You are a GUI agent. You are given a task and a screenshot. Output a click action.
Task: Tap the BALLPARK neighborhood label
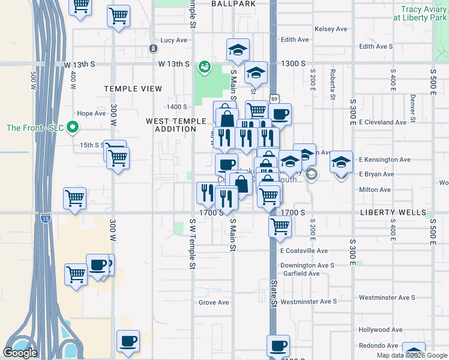pos(234,4)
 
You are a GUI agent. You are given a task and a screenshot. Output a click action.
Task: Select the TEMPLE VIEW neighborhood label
pos(133,89)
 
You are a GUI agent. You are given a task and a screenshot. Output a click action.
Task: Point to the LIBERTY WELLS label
pos(393,212)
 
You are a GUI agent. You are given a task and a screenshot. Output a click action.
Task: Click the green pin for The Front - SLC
pos(73,127)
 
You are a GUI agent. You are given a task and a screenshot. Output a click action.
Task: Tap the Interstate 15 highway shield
pos(46,220)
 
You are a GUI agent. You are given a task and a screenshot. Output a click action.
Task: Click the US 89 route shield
pos(274,98)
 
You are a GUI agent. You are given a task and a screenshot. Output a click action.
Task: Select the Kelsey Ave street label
pos(331,29)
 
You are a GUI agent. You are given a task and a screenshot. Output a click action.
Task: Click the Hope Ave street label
pos(91,113)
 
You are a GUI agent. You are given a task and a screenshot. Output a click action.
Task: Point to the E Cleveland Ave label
pos(382,122)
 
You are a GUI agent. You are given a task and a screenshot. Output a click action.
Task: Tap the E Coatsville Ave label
pos(304,251)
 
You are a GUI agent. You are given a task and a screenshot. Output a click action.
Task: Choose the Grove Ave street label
pos(214,302)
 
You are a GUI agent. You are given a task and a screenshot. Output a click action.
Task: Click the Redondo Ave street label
pos(378,346)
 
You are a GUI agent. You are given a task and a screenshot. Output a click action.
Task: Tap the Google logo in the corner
pos(20,353)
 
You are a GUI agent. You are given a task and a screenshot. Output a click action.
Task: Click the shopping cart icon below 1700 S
pos(279,226)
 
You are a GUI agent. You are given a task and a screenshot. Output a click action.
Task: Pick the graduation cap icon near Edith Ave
pos(238,50)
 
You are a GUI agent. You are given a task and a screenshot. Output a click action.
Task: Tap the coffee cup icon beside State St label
pos(278,346)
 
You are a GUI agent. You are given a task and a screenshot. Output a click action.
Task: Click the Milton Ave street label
pos(375,190)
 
